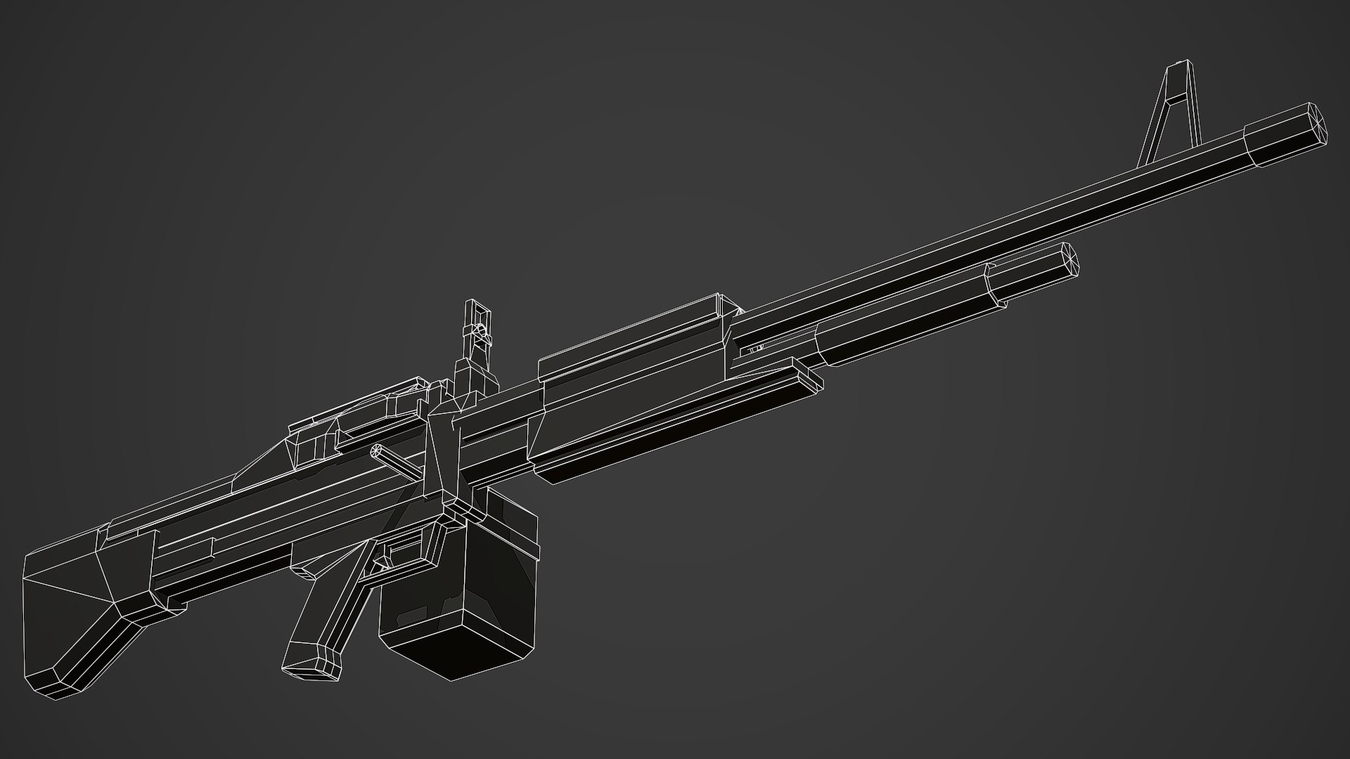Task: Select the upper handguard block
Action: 633,351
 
